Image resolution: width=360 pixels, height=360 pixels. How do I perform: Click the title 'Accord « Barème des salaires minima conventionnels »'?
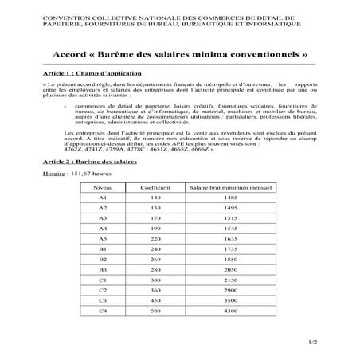pos(179,57)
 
